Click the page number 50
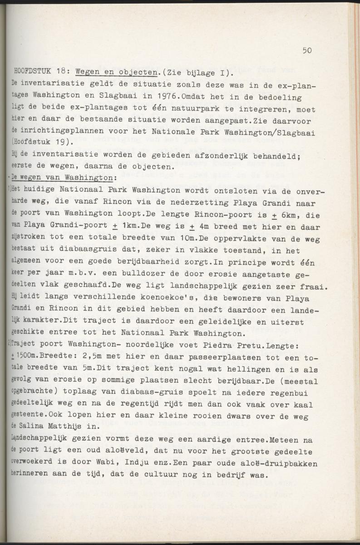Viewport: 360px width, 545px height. tap(306, 50)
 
